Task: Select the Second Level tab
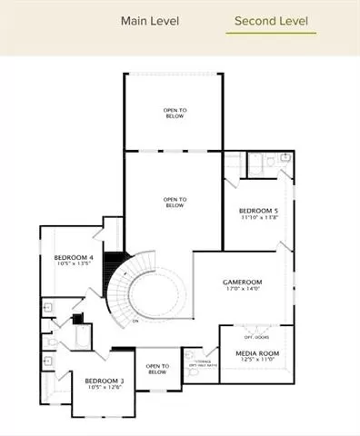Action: [x=271, y=20]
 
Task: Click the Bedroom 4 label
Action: [x=74, y=257]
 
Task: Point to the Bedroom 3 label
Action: [x=105, y=381]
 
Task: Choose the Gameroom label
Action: [x=243, y=282]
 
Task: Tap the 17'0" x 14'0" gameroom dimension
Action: [x=243, y=290]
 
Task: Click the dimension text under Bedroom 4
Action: [x=74, y=264]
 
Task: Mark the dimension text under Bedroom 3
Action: [x=105, y=388]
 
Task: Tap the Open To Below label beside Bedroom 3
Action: [x=157, y=370]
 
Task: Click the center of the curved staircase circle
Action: [x=153, y=295]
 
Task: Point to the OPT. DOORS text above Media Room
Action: [x=255, y=336]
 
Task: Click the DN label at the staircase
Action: [x=135, y=321]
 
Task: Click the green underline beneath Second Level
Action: [x=271, y=34]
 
